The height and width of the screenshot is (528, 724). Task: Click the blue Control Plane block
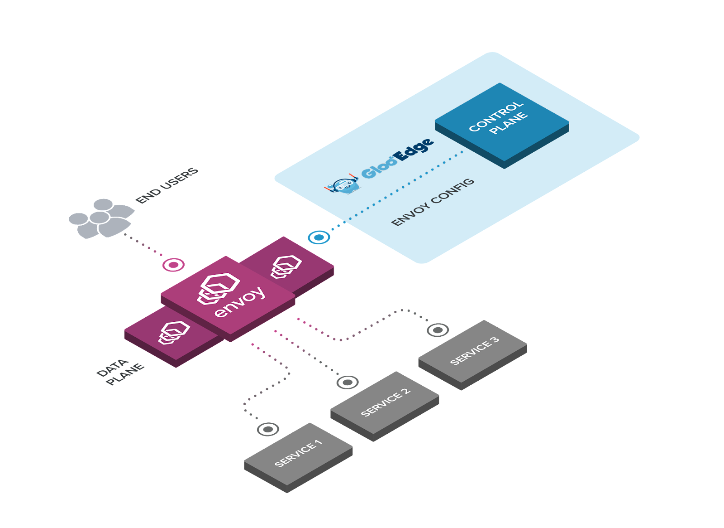[x=502, y=126]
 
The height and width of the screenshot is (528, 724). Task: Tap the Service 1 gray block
[x=298, y=458]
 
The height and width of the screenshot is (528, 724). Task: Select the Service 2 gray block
[x=385, y=406]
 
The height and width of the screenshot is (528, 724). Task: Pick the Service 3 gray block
[x=472, y=355]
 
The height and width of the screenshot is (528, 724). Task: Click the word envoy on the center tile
[x=240, y=302]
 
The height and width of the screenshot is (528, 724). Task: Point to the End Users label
[x=167, y=185]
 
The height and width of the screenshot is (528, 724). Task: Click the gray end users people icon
[x=101, y=218]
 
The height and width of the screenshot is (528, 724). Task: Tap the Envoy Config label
[x=433, y=202]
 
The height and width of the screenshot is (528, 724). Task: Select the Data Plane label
[x=120, y=372]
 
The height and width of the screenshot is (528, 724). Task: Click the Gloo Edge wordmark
[x=398, y=158]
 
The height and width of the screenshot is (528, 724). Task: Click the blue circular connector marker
[x=319, y=237]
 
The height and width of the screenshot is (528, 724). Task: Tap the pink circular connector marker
[x=174, y=265]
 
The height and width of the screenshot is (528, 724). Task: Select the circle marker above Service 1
[x=268, y=429]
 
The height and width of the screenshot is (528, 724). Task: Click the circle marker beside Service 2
[x=348, y=383]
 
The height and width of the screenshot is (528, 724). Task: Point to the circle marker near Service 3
[x=438, y=330]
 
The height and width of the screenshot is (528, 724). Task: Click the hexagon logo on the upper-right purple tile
[x=286, y=267]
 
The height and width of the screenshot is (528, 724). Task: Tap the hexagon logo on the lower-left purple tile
[x=174, y=333]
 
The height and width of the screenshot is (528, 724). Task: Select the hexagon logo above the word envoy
[x=219, y=289]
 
